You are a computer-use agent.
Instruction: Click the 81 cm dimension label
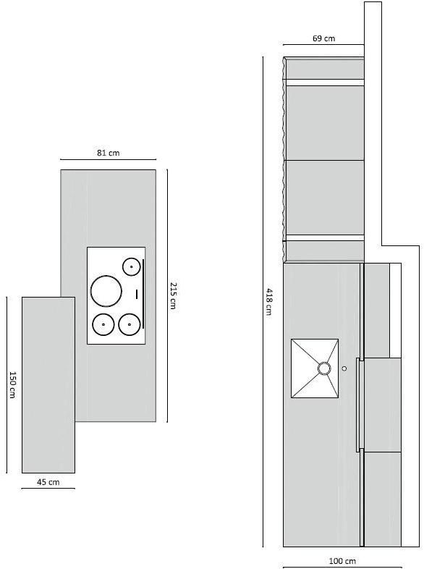[108, 153]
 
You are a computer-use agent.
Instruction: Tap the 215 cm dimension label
[173, 295]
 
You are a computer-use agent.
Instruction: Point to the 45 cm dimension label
[48, 482]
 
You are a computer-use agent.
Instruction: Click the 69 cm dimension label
[323, 38]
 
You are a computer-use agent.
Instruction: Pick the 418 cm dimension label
[268, 301]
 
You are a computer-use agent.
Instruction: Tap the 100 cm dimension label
[342, 561]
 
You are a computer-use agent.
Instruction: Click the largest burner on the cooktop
[106, 291]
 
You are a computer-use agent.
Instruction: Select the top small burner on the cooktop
[131, 266]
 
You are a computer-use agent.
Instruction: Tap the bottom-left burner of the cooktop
[103, 324]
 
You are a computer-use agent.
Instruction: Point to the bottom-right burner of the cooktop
[129, 324]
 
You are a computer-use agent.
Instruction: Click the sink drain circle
[324, 368]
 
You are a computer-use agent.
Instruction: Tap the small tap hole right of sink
[344, 368]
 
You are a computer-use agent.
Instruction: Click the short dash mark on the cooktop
[137, 292]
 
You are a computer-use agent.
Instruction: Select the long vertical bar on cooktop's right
[143, 293]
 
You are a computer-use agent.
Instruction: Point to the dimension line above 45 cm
[48, 489]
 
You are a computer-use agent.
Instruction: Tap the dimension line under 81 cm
[108, 159]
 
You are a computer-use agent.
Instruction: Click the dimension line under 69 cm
[323, 45]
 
